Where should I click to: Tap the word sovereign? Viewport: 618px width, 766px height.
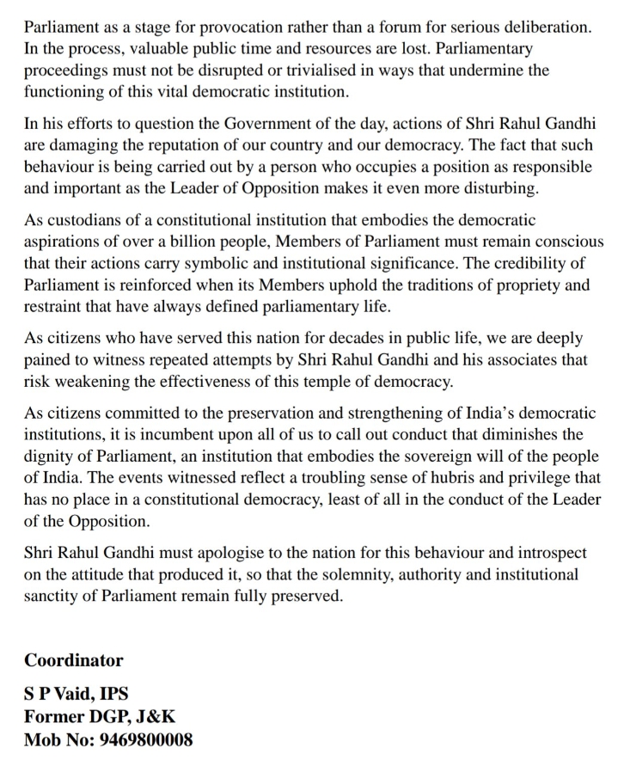pyautogui.click(x=430, y=454)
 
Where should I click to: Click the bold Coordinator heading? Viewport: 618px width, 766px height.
pyautogui.click(x=74, y=660)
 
